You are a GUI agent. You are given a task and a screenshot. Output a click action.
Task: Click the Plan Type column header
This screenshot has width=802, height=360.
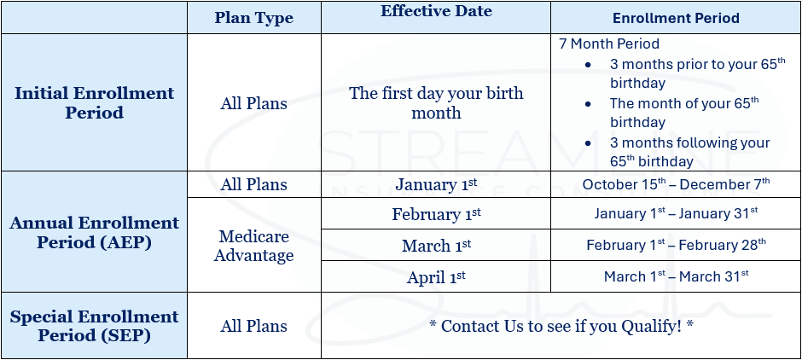pos(253,18)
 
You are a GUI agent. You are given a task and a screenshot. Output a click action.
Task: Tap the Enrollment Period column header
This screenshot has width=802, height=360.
pos(677,19)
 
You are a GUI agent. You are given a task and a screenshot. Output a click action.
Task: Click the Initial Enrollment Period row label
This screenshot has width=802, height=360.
pos(94,102)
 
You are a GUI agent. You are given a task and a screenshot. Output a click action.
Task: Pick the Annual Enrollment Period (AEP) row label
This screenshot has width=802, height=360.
pos(94,232)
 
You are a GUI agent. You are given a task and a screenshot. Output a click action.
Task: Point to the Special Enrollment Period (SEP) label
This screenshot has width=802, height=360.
pos(94,326)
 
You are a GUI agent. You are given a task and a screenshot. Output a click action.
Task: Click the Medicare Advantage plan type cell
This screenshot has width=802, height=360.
pos(253,246)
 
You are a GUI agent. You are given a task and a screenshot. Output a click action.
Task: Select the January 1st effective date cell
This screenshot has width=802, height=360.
pos(436,184)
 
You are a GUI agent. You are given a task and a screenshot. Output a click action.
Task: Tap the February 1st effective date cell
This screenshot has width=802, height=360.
pos(436,214)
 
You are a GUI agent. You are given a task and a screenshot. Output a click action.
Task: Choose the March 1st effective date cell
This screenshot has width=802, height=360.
pos(436,246)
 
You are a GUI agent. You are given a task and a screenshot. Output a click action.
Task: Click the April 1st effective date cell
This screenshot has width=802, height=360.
pos(436,277)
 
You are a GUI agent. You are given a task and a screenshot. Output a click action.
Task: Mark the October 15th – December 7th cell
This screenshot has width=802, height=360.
pos(677,184)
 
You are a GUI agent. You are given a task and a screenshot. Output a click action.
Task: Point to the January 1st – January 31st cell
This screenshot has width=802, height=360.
pos(677,213)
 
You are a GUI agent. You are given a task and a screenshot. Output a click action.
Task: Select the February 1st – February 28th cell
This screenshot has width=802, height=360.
pos(677,245)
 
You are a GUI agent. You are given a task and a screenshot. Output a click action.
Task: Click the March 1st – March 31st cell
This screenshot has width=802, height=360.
pos(677,276)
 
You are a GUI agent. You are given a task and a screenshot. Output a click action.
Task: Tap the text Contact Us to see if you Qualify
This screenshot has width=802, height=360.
pos(561,326)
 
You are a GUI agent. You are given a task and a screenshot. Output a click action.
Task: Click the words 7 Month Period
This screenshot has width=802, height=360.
pos(609,44)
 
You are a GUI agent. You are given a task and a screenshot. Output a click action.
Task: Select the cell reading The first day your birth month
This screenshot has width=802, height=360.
pos(436,102)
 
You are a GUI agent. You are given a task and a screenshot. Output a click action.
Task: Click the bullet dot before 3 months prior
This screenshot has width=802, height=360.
pos(588,65)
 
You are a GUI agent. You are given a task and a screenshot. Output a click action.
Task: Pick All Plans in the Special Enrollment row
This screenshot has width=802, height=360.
pos(253,326)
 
